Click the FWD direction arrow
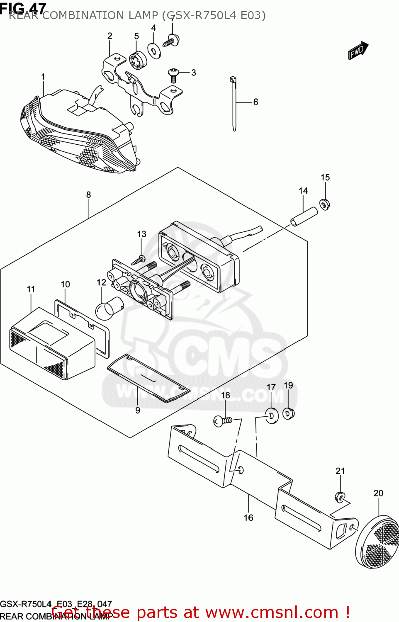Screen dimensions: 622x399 pos(358,51)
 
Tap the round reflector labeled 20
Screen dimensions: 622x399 pos(379,542)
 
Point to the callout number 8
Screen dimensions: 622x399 pos(88,194)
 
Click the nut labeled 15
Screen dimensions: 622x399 pos(324,204)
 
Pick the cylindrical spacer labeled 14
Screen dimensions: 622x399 pos(304,216)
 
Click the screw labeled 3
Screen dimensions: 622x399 pos(173,75)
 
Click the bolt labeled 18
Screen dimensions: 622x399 pos(223,421)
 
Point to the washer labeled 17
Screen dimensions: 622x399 pos(272,415)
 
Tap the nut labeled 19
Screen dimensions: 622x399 pos(289,413)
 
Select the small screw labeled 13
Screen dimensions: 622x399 pos(139,260)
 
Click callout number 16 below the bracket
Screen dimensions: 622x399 pos(248,518)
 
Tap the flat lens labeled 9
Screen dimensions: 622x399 pos(148,378)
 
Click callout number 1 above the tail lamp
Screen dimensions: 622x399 pos(43,77)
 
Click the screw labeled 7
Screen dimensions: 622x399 pos(171,41)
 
